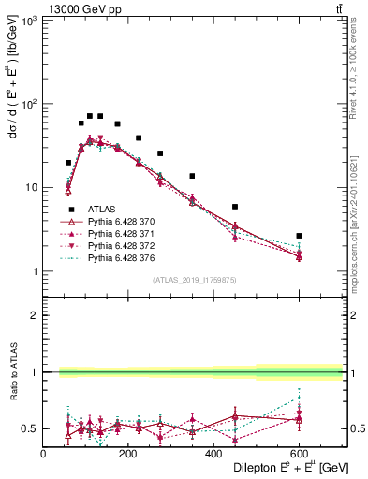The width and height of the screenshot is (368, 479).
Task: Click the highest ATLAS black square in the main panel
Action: point(90,116)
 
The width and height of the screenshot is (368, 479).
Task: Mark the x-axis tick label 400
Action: point(213,454)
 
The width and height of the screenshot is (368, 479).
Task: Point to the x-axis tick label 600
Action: point(299,454)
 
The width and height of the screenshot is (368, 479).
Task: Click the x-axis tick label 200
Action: point(128,454)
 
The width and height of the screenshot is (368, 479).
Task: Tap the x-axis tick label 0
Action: point(43,454)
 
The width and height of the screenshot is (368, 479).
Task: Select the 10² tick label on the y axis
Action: point(28,104)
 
